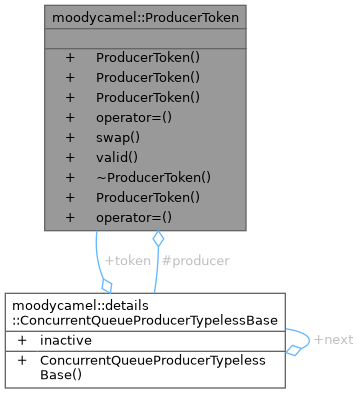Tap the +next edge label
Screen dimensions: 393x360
[x=333, y=340]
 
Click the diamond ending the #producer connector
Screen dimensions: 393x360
[x=157, y=241]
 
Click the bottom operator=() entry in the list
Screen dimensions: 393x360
[x=133, y=216]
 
